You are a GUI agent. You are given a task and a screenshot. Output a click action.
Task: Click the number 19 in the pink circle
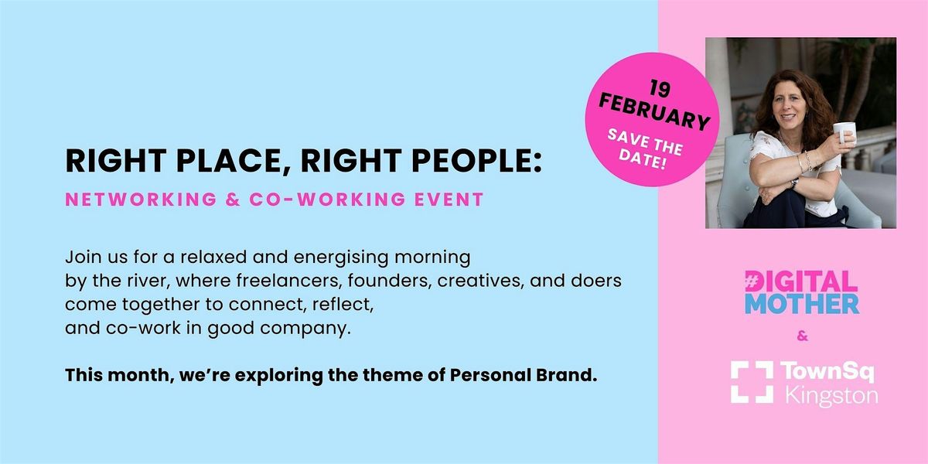660,88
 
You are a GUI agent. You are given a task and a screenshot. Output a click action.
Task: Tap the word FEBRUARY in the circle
654,112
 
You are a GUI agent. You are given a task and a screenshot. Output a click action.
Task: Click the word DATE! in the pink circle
642,159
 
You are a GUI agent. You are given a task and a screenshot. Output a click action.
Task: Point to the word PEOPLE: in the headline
476,161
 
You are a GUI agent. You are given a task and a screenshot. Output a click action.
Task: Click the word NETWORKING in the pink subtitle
141,200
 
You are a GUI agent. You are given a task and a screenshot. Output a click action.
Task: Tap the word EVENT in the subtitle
449,200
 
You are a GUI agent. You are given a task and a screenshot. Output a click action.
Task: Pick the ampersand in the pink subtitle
234,200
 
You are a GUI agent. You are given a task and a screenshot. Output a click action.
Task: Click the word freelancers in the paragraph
288,281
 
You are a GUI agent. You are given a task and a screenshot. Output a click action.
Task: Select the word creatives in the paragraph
479,281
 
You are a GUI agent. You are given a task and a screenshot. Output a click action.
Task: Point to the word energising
341,258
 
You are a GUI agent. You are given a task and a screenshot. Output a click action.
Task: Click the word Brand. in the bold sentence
566,375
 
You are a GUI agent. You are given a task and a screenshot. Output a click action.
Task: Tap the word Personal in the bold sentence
490,375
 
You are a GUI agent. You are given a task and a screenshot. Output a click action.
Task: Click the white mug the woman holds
844,132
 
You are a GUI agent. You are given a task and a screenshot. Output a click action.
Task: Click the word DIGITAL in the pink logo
801,281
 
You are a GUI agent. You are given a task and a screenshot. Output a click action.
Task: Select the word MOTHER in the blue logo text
802,304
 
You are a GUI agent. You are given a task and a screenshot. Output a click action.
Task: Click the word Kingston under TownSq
831,396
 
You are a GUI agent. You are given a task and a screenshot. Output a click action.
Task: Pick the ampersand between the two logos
802,336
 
